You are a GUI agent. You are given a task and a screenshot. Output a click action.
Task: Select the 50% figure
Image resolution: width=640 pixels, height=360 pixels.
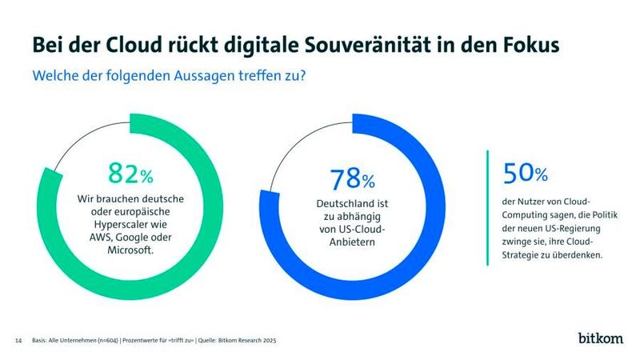(x=526, y=174)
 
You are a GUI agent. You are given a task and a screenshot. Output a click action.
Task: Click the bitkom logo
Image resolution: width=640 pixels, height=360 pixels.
(x=601, y=339)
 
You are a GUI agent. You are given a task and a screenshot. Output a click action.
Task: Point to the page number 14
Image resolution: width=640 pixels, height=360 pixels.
(x=18, y=341)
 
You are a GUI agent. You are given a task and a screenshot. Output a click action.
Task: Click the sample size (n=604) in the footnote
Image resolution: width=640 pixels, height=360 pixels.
(x=102, y=341)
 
